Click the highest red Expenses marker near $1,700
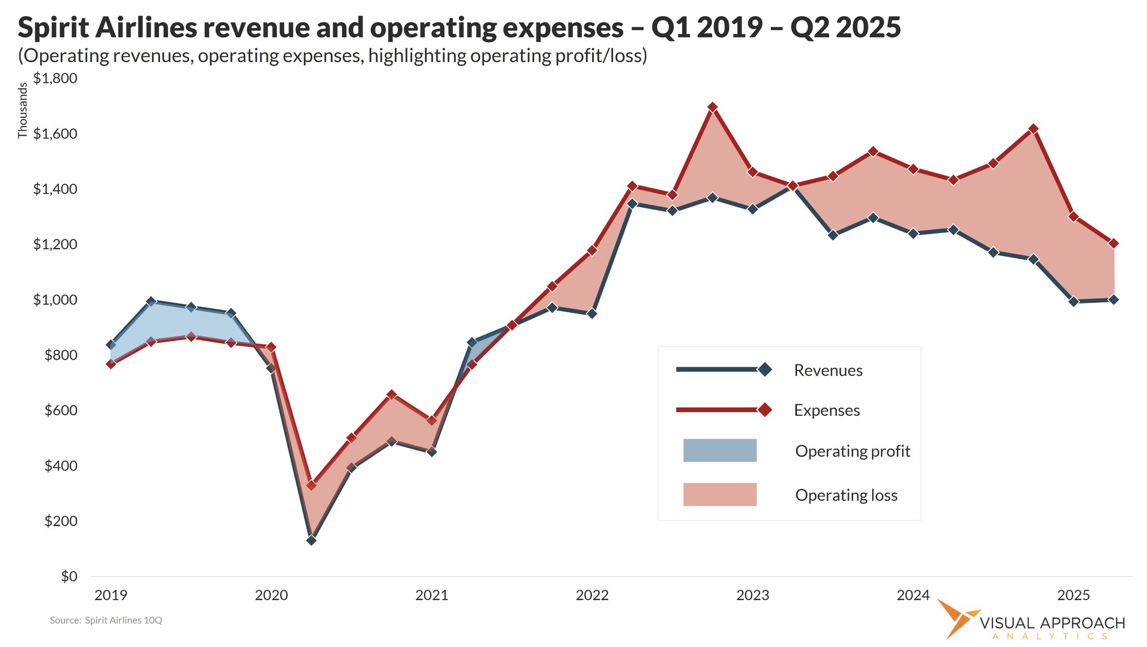pos(712,108)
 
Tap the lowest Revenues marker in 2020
pos(311,540)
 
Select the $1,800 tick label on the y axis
pos(55,78)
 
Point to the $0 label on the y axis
pos(69,577)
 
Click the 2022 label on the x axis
pos(592,595)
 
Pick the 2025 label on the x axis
pos(1074,595)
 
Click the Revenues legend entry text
pos(828,370)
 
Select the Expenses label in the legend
pos(827,410)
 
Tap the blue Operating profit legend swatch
pos(720,450)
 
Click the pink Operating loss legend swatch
pos(720,495)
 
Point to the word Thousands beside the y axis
pos(23,111)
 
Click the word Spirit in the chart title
pos(53,27)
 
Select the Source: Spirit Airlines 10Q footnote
pos(106,620)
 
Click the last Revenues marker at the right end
pos(1114,300)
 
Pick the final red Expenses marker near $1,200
pos(1114,243)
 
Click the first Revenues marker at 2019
pos(111,345)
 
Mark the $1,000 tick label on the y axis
pos(55,300)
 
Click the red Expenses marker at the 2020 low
pos(311,485)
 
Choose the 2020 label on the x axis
pos(271,595)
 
